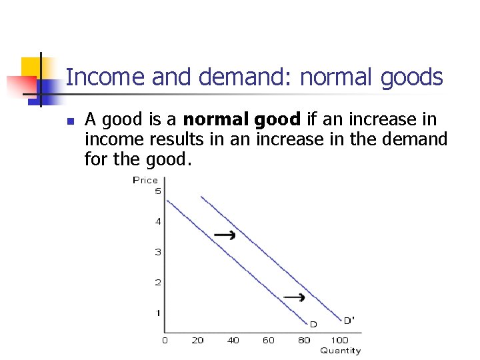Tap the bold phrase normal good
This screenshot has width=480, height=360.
click(242, 120)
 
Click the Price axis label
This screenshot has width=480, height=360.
click(145, 180)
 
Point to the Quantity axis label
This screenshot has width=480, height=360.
click(340, 351)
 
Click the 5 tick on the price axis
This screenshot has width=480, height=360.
click(158, 191)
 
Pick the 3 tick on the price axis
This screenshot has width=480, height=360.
click(158, 252)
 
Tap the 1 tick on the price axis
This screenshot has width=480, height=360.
click(158, 313)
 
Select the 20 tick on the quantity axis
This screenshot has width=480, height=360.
click(197, 341)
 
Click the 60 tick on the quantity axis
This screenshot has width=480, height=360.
click(269, 341)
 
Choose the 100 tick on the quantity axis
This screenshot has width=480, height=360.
click(340, 341)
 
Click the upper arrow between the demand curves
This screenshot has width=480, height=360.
click(225, 235)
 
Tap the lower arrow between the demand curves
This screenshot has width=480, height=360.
click(294, 297)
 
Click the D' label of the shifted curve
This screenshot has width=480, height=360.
click(349, 320)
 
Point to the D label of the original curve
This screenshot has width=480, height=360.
click(313, 324)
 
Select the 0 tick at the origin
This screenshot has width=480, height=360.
click(165, 341)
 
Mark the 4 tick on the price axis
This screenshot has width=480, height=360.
click(158, 221)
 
